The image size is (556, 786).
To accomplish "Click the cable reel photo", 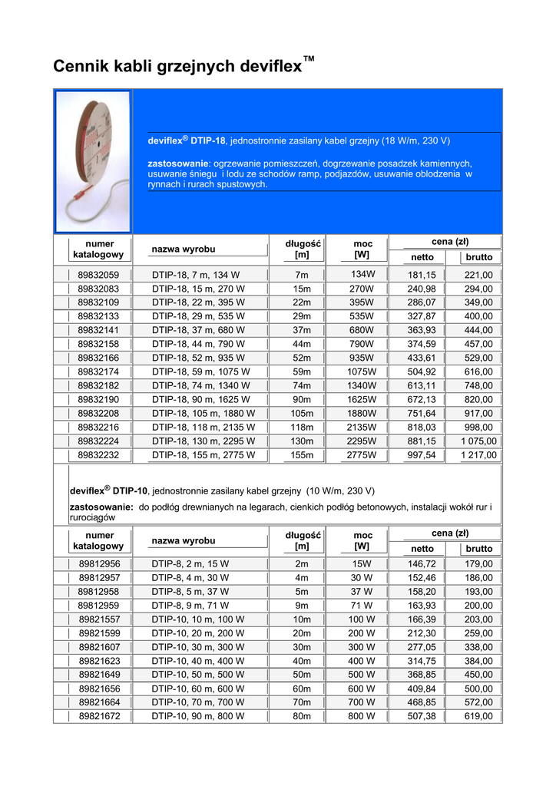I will click(93, 161).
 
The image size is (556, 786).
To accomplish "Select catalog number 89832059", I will click(98, 276).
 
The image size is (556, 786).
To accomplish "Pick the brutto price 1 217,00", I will click(478, 455).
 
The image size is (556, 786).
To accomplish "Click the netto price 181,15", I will click(422, 276).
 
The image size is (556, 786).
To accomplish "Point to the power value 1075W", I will click(362, 372).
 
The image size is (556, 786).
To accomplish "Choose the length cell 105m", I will click(302, 414).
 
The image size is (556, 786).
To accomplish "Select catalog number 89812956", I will click(98, 563).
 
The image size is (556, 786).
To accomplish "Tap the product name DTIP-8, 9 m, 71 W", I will click(190, 605).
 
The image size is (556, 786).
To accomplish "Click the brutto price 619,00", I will click(478, 716).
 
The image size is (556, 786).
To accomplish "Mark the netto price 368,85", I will click(422, 675).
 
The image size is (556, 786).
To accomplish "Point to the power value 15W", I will click(362, 563).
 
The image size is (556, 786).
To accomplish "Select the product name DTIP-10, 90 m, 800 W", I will click(198, 716).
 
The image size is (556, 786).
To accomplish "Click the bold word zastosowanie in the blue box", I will click(178, 163).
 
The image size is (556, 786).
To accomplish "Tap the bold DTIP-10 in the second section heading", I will click(130, 490).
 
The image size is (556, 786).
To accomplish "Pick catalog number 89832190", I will click(98, 400).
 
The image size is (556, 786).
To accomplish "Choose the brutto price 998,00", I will click(478, 428).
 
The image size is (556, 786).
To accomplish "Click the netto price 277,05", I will click(422, 647).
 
